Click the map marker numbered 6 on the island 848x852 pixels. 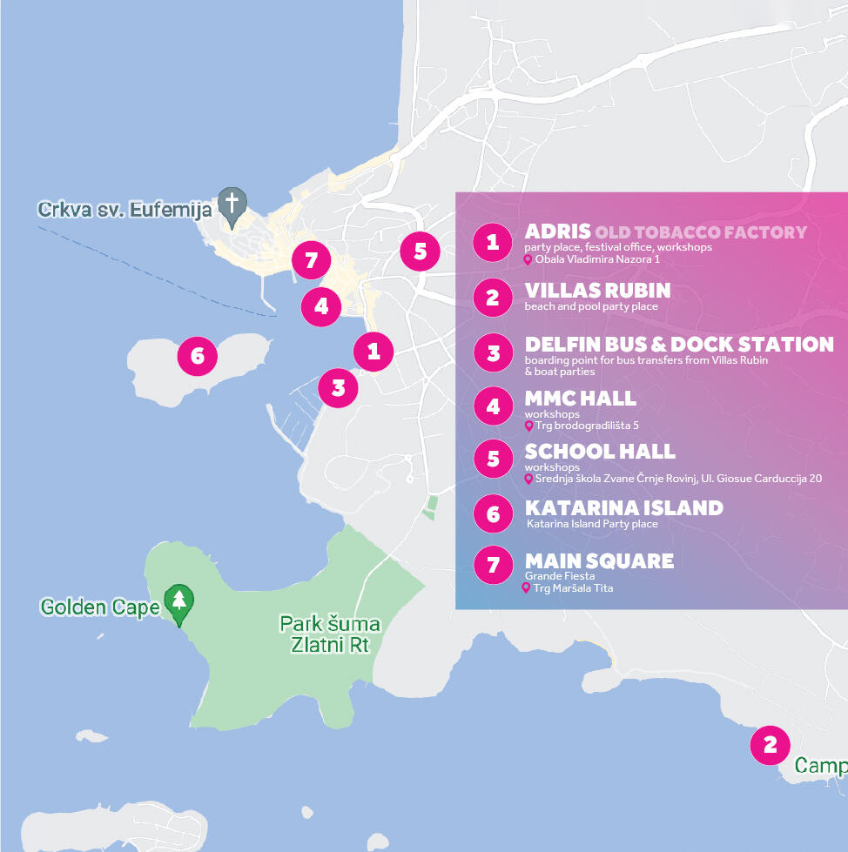click(x=197, y=355)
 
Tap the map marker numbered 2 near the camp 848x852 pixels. click(x=770, y=745)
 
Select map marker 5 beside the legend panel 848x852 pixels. click(x=421, y=252)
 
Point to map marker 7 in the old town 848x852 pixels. click(x=311, y=260)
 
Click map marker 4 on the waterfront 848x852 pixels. click(x=321, y=306)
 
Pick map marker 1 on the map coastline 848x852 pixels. click(x=374, y=351)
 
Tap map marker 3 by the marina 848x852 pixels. click(x=338, y=387)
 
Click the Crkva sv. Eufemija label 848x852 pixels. click(x=125, y=210)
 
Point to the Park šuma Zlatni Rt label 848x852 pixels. click(x=330, y=634)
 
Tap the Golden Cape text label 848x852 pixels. click(x=100, y=607)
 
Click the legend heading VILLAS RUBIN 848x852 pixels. click(x=597, y=290)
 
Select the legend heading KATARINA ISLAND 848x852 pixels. click(x=623, y=507)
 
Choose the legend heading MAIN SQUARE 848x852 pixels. click(x=599, y=560)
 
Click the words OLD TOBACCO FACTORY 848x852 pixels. click(x=701, y=232)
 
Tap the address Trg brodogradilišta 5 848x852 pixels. click(x=587, y=426)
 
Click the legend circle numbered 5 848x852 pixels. click(x=494, y=459)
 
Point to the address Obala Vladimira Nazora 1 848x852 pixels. click(x=597, y=259)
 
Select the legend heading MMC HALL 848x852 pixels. click(x=580, y=399)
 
